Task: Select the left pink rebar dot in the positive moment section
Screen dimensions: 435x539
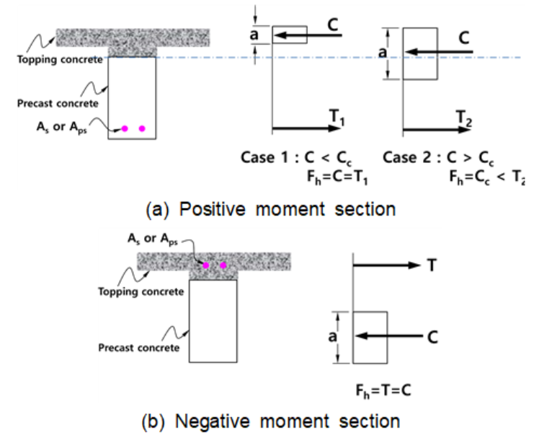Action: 125,128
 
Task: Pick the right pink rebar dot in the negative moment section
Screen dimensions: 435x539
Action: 223,266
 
